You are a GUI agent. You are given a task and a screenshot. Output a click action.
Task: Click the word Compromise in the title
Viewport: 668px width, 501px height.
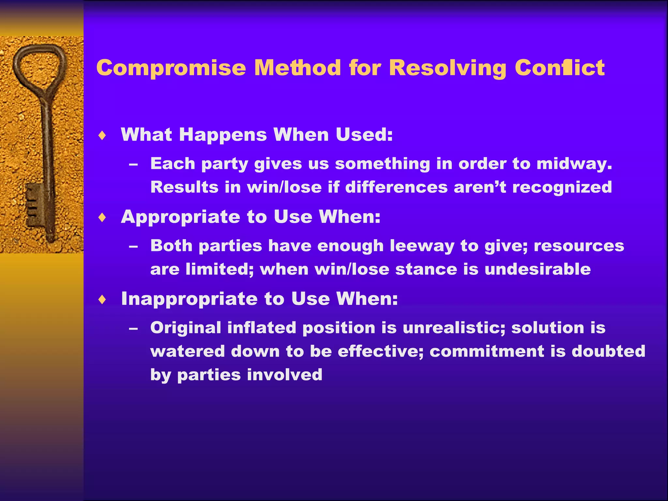click(x=171, y=68)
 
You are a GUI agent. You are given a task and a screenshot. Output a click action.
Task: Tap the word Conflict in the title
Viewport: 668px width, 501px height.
click(x=560, y=68)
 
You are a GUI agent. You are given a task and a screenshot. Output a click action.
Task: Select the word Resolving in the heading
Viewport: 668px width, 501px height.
click(x=448, y=68)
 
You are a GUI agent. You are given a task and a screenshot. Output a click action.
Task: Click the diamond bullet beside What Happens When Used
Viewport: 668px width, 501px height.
click(x=102, y=135)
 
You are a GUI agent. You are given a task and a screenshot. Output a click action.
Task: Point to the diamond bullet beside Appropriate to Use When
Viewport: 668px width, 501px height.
click(x=102, y=217)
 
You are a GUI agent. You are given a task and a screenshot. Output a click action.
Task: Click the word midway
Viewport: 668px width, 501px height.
click(x=574, y=164)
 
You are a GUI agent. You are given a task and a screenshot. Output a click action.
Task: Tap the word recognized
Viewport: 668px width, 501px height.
click(x=562, y=187)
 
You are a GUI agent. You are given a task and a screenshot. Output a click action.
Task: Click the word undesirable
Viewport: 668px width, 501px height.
click(x=538, y=269)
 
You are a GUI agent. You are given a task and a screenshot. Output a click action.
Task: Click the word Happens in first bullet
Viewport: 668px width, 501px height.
click(x=223, y=135)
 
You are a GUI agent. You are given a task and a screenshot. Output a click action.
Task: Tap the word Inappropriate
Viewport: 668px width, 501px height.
click(x=189, y=299)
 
